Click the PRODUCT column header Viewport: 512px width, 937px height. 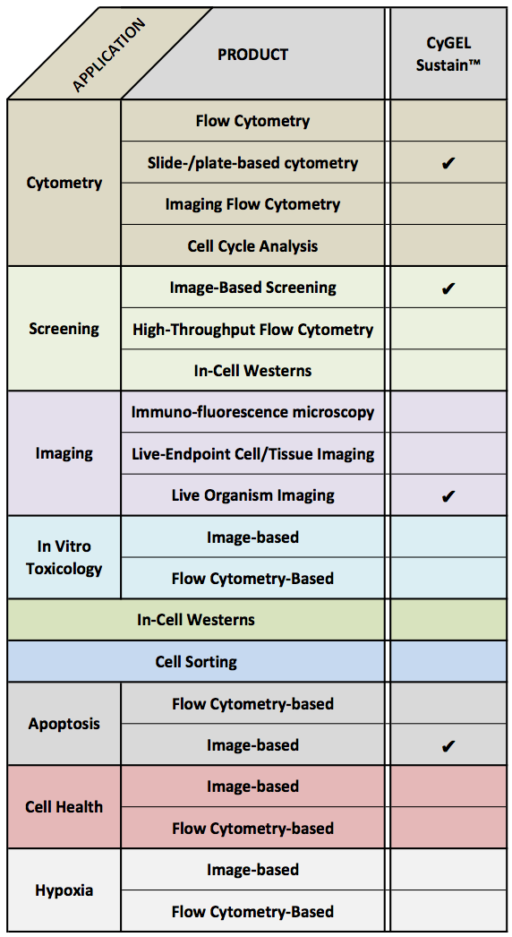click(x=252, y=55)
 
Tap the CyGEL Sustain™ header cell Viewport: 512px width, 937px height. click(x=448, y=54)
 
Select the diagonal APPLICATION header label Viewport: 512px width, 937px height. click(x=108, y=55)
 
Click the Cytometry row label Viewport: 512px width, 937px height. click(x=64, y=183)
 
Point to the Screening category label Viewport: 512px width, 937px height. click(x=64, y=329)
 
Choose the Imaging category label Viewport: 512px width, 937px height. click(x=64, y=453)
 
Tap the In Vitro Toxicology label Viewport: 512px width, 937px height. click(x=64, y=557)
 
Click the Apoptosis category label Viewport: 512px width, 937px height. click(x=64, y=724)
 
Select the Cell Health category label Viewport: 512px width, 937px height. click(x=64, y=807)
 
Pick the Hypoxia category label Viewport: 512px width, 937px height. click(x=64, y=890)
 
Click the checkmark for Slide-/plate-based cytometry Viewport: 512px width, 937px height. click(x=448, y=163)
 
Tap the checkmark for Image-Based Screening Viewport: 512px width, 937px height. click(x=448, y=288)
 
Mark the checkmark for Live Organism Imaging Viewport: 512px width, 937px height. click(x=448, y=496)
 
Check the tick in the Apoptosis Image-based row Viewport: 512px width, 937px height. click(x=448, y=745)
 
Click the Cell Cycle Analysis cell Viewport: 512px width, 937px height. click(x=252, y=245)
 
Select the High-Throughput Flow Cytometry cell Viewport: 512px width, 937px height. click(x=252, y=329)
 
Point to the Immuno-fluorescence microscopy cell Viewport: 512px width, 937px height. click(x=252, y=412)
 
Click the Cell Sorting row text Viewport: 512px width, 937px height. click(x=196, y=661)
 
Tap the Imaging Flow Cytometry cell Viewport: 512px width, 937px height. click(x=252, y=203)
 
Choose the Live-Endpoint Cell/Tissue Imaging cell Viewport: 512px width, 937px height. click(x=252, y=453)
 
